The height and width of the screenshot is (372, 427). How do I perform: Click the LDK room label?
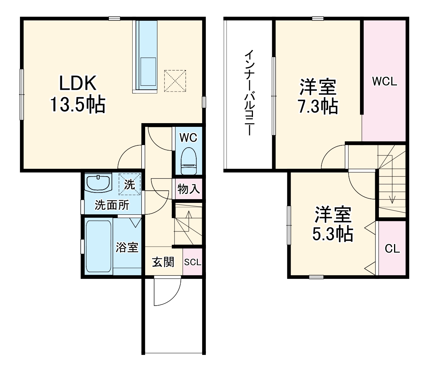tap(79, 83)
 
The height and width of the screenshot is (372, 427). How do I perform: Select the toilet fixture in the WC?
tap(188, 161)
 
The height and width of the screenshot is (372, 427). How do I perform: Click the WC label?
tap(188, 138)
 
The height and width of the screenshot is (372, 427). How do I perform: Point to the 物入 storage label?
tap(189, 190)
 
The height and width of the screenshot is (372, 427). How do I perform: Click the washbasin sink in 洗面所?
tap(99, 183)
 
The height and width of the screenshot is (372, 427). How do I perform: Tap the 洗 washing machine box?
tap(130, 184)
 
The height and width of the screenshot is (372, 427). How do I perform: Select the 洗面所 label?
tap(112, 205)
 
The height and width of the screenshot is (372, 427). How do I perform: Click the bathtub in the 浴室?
tap(98, 246)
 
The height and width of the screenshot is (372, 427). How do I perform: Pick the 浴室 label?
tap(127, 247)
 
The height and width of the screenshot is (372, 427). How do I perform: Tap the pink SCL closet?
tap(193, 262)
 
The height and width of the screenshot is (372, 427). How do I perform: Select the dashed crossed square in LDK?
tap(175, 80)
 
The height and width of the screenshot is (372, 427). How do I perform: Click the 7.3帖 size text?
tap(318, 106)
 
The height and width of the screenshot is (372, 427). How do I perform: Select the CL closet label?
tap(392, 249)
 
